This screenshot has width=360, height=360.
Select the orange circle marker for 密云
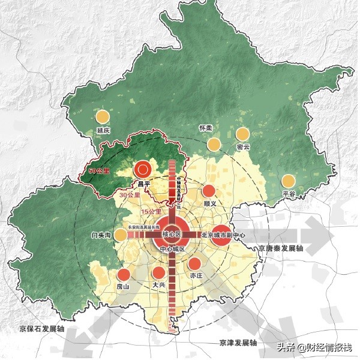[x=242, y=134]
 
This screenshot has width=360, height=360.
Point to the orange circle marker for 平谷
[x=289, y=181]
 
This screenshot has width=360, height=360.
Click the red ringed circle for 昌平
[x=143, y=170]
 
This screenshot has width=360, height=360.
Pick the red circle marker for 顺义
[x=209, y=191]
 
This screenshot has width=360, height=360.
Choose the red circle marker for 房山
[x=124, y=275]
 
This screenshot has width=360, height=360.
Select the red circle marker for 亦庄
[x=195, y=263]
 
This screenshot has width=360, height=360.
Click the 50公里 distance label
[x=98, y=172]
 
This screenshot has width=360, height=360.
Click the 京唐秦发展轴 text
[x=282, y=248]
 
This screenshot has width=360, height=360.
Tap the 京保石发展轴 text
[x=41, y=330]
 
